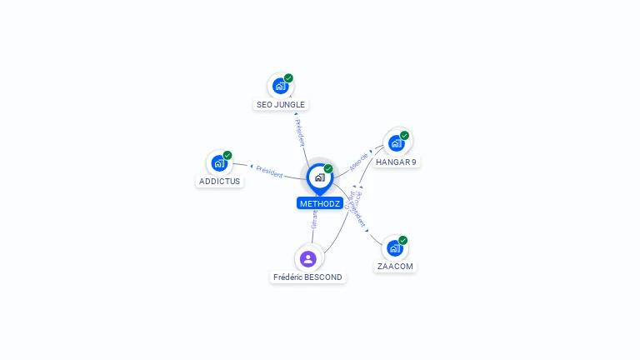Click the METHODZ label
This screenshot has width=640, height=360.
coord(320,203)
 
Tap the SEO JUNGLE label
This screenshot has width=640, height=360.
coord(281,105)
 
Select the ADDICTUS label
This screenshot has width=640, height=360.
coord(219,181)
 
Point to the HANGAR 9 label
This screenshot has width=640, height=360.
coord(396,162)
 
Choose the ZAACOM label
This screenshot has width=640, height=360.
coord(395,267)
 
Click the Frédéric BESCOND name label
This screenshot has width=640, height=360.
coord(307,277)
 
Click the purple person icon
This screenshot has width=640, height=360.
coord(308,258)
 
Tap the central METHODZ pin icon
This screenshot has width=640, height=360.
coord(319,177)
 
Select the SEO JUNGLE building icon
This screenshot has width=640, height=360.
coord(280,86)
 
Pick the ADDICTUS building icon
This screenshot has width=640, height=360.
coord(219,162)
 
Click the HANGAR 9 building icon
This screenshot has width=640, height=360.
coord(396,142)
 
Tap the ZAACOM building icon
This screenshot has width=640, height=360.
coord(394,247)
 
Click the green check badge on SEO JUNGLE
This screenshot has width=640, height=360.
coord(288,78)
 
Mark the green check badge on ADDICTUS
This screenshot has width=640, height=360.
coord(227,155)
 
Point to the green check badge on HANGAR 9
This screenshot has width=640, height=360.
coord(404,135)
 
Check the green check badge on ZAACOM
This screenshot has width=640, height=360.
coord(402,240)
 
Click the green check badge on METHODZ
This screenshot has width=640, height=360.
coord(328,169)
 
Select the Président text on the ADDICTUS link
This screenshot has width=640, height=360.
coord(269,171)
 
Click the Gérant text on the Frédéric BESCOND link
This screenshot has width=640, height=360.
coord(314,219)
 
